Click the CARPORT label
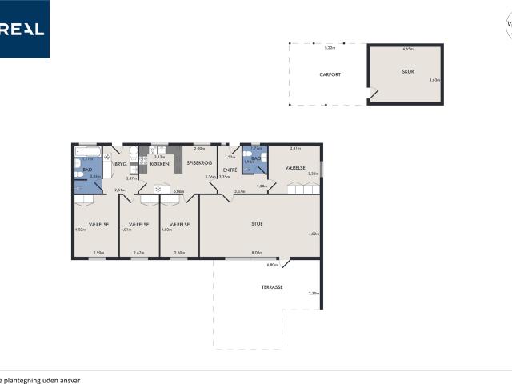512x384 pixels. click(330, 74)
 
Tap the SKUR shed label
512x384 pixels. click(408, 72)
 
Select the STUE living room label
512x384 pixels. click(257, 223)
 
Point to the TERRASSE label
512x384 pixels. click(272, 286)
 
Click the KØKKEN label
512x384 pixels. click(159, 164)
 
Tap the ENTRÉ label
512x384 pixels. click(229, 170)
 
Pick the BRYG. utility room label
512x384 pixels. click(121, 164)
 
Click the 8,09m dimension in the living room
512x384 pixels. click(257, 254)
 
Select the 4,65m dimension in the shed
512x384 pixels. click(408, 50)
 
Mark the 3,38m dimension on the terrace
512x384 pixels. click(314, 294)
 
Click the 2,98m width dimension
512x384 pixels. click(98, 254)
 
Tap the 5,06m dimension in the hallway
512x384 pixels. click(178, 192)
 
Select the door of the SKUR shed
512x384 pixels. click(374, 95)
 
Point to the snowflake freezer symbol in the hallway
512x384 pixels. click(146, 190)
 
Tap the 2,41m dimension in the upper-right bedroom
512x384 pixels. click(294, 149)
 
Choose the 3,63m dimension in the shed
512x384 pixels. click(434, 80)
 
